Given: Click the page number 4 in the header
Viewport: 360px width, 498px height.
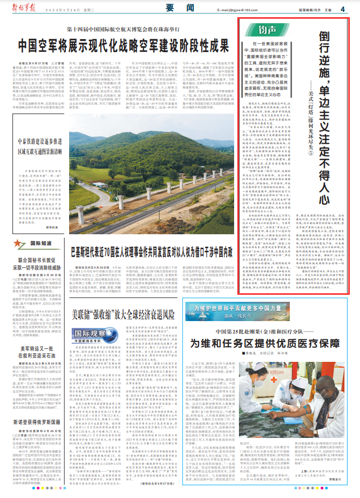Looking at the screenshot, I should point(342,9).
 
